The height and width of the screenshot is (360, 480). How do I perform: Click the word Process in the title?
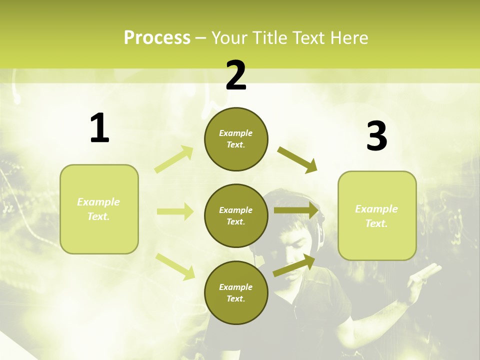tap(157, 38)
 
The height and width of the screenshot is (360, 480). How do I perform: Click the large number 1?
tap(99, 128)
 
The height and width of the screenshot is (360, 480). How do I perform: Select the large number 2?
tap(236, 75)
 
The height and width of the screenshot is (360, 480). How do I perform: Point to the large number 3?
tap(376, 136)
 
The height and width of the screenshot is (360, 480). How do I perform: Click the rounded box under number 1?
tap(99, 209)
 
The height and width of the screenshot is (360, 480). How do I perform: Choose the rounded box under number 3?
tap(377, 216)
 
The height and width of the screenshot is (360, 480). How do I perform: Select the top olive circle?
tap(236, 139)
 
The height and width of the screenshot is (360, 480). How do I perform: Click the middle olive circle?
tap(236, 216)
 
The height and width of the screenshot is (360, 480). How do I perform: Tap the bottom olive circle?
tap(236, 293)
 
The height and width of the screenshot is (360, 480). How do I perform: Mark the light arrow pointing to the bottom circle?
tap(175, 266)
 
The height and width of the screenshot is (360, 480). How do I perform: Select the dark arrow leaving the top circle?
tap(297, 160)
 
